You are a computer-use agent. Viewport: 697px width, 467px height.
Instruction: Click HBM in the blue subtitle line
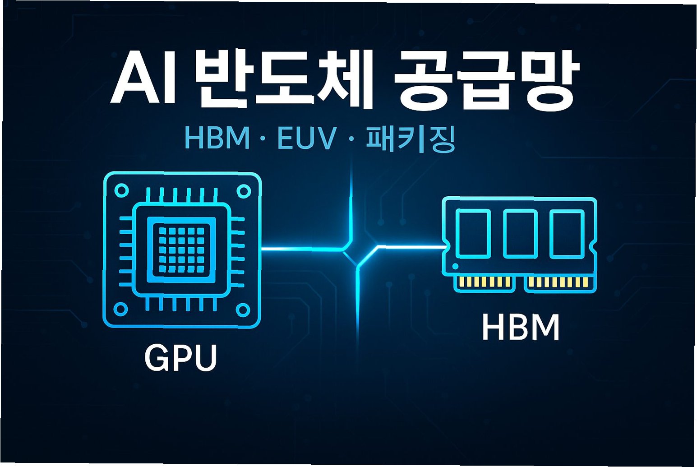point(217,138)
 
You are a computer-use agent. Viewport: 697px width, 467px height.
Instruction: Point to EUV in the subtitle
point(307,138)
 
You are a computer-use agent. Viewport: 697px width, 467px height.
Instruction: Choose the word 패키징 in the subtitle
point(410,138)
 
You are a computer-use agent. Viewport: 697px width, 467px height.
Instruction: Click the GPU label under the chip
point(180,358)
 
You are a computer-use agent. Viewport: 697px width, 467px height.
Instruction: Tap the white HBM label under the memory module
point(521,328)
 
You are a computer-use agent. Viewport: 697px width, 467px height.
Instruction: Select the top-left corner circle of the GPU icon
point(121,190)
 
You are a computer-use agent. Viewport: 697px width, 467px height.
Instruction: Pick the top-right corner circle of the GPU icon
point(244,191)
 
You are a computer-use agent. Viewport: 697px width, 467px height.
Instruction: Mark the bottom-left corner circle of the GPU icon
point(120,310)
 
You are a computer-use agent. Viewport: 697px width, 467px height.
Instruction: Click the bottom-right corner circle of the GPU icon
point(243,310)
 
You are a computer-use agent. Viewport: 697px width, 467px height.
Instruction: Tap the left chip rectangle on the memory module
point(473,234)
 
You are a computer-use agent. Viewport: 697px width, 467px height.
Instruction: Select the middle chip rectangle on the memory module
point(520,233)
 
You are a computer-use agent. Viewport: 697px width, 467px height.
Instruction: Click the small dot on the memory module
point(455,266)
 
